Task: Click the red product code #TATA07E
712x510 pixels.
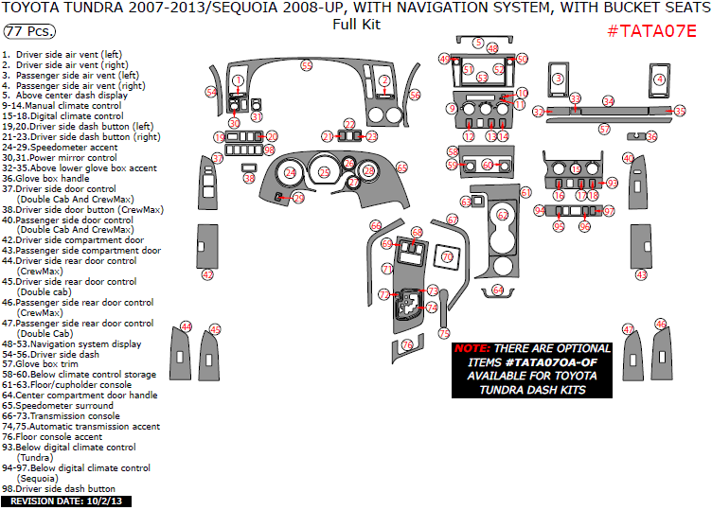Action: coord(650,30)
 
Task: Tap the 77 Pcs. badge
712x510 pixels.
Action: coord(27,32)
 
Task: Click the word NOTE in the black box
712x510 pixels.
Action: coord(472,348)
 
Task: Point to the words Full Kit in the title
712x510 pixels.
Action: coord(356,25)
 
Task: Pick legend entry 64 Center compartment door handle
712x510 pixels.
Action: coord(80,395)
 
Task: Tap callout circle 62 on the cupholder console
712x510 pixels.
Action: coord(503,216)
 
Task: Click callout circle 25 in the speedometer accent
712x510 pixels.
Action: coord(325,172)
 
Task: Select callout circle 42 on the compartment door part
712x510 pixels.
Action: coord(207,274)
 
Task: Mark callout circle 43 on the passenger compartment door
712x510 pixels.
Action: coord(641,274)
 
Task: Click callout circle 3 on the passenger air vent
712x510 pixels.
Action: coord(559,79)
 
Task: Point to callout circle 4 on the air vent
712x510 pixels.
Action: coord(658,79)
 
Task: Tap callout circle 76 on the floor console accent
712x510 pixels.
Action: coord(407,345)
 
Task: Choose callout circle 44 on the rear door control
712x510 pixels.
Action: coord(187,326)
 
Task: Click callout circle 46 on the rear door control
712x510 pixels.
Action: coord(660,325)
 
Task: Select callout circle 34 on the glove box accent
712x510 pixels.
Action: coord(608,101)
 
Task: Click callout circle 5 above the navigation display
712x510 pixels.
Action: coord(479,44)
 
